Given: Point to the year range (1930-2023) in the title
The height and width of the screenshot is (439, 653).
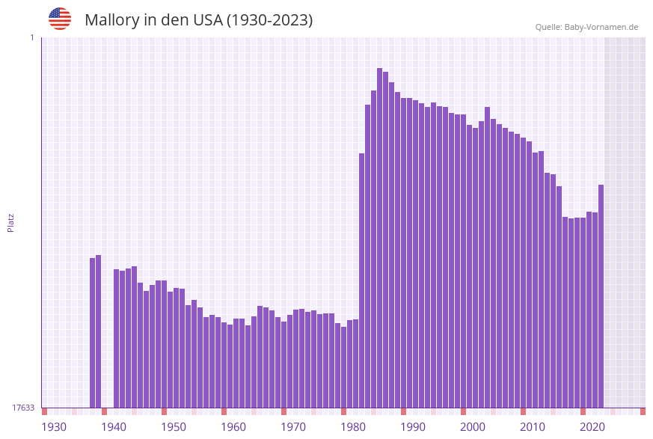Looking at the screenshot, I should click(x=269, y=20).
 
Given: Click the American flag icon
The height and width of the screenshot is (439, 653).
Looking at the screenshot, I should click(x=60, y=19).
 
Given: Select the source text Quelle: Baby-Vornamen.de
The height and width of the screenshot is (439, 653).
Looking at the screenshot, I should click(x=586, y=27).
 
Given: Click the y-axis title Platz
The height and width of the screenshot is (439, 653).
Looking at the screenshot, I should click(x=10, y=222).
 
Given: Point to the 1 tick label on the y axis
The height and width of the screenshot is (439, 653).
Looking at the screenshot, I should click(x=31, y=37).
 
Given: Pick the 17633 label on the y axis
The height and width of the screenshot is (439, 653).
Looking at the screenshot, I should click(x=23, y=408).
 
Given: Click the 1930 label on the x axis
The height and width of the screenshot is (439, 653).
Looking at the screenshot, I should click(x=54, y=427).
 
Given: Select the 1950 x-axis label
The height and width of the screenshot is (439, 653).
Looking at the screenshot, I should click(x=174, y=427).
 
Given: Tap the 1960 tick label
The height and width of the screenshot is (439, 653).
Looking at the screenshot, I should click(x=233, y=427).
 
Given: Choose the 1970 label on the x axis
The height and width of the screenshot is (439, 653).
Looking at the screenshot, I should click(x=293, y=427).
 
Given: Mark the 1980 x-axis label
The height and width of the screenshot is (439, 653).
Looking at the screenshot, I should click(x=353, y=427).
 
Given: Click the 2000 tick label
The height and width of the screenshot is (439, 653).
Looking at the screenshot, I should click(x=473, y=427).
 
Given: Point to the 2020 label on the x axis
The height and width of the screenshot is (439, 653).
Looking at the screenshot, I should click(x=592, y=427).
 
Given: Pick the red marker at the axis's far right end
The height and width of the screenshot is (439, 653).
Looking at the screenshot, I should click(x=643, y=411).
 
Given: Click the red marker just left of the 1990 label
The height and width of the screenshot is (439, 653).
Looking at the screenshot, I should click(x=403, y=411).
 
